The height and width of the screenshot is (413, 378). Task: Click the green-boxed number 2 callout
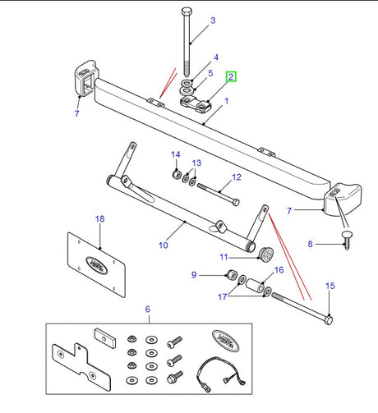pos(232,78)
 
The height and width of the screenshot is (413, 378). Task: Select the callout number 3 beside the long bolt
pos(213,20)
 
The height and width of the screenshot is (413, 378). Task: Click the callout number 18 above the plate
pos(99,219)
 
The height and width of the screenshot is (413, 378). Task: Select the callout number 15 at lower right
pos(331,287)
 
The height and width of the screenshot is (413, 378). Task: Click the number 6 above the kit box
pos(147,310)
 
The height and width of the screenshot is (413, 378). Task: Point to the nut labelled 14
pos(176,173)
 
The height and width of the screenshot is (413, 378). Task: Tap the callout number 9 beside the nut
pos(194,274)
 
